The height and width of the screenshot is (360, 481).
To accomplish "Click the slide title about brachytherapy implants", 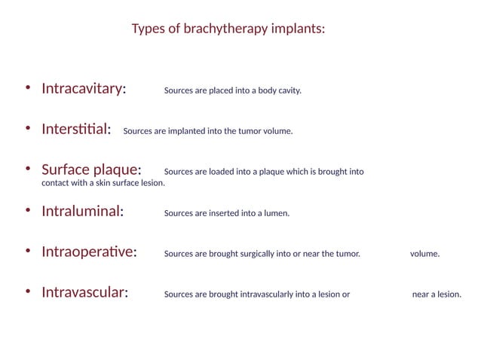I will point(228,29).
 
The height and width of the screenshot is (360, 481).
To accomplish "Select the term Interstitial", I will point(76,130).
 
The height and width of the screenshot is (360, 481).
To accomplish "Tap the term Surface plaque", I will point(91,170).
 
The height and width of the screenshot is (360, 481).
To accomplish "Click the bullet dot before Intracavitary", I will point(28,88).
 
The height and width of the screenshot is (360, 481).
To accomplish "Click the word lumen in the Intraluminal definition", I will point(276,214).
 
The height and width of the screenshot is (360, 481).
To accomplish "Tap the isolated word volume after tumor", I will point(424,255).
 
